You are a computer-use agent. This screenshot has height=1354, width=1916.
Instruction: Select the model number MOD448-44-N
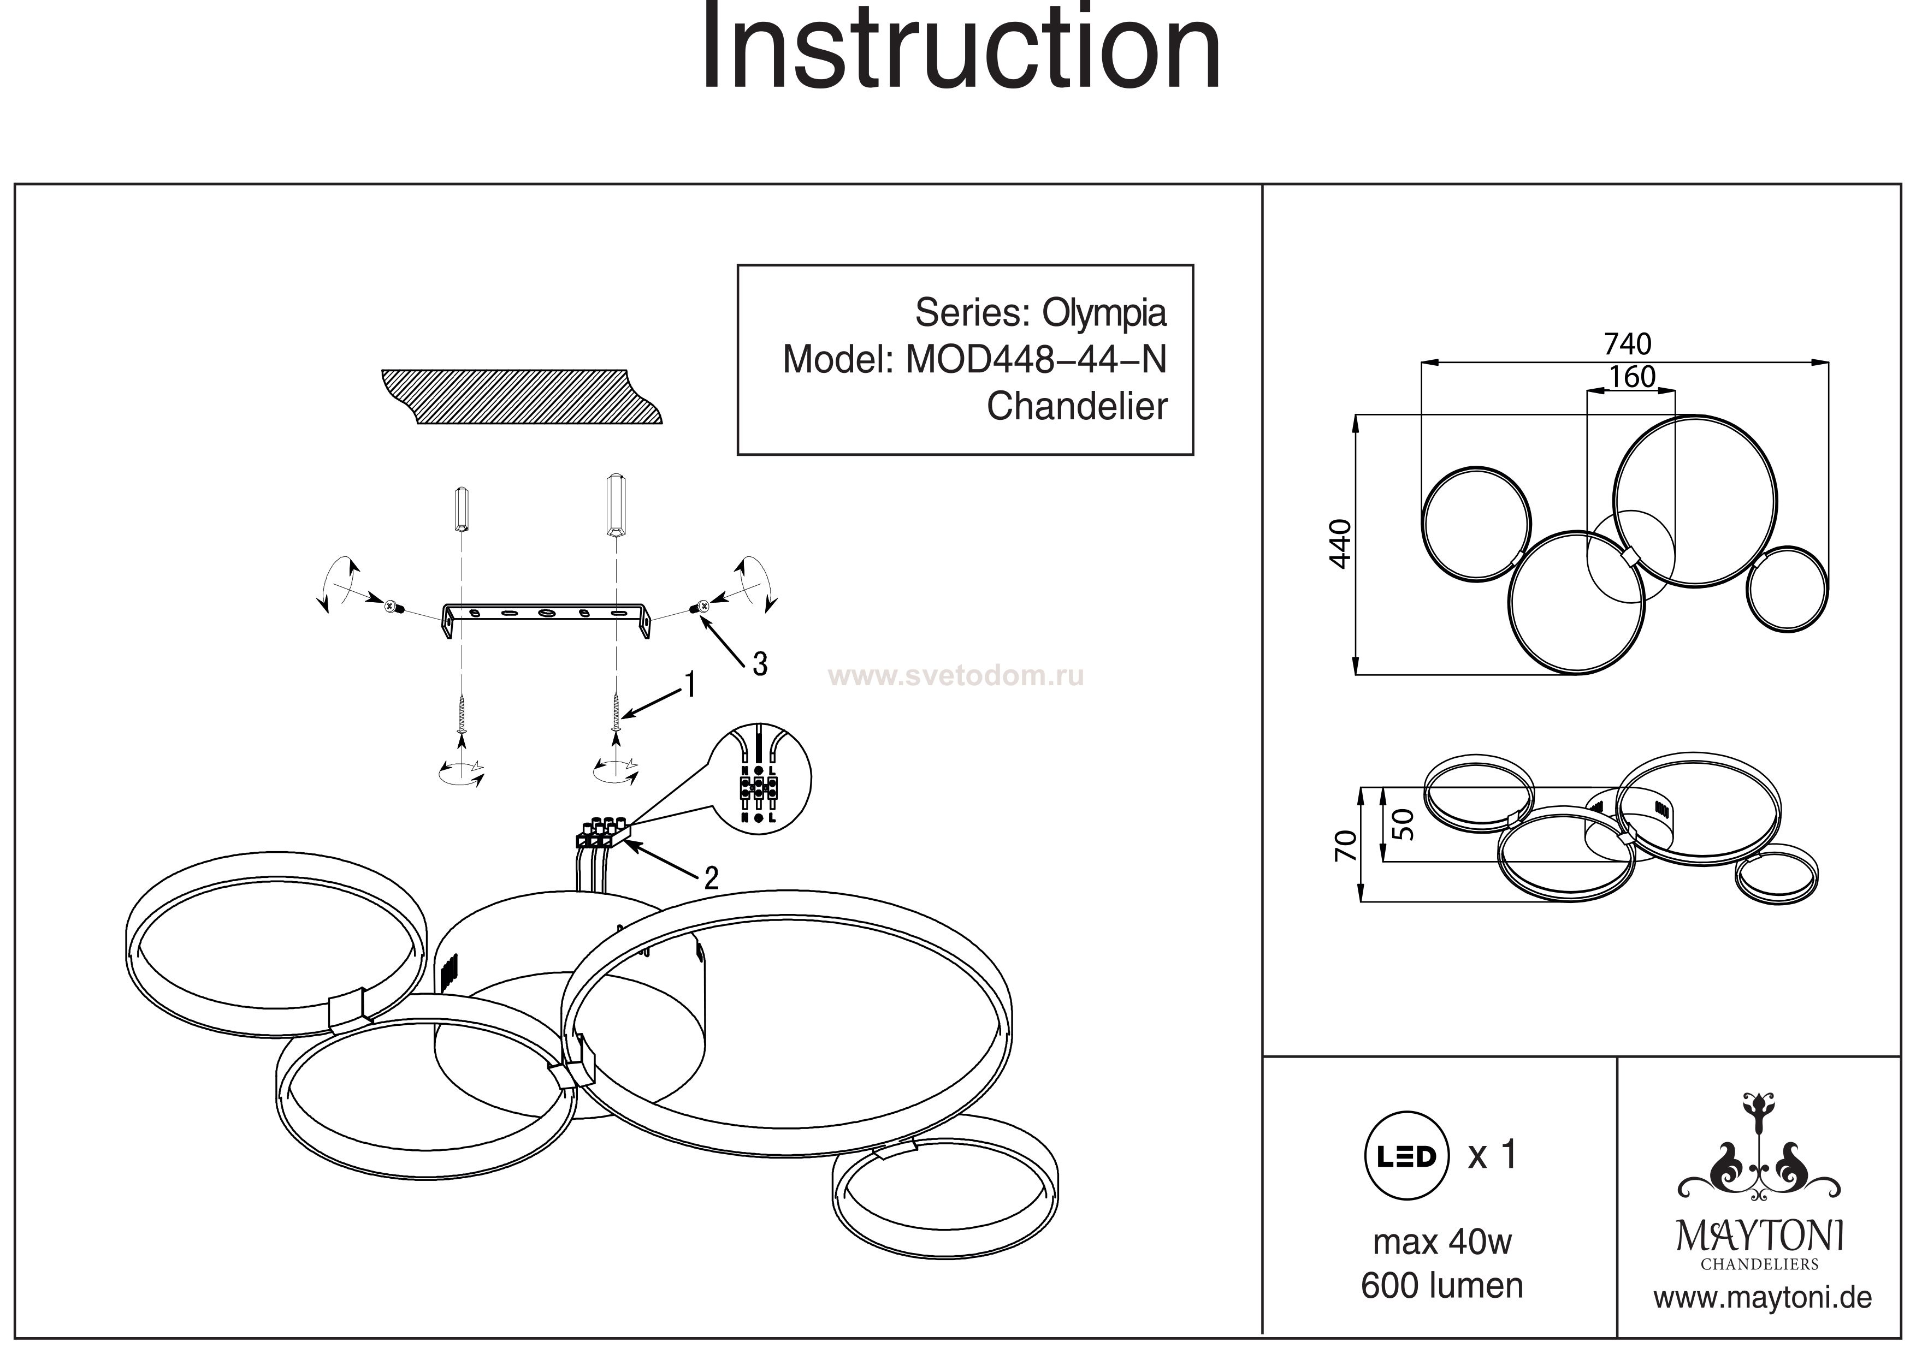click(x=1036, y=360)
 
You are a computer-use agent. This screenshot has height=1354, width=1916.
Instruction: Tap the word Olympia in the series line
click(x=1103, y=313)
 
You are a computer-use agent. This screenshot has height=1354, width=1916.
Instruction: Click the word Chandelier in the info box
click(x=1077, y=407)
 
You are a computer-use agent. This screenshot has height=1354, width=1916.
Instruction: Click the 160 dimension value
click(x=1631, y=378)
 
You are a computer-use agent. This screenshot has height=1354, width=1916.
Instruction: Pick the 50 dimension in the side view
click(x=1404, y=824)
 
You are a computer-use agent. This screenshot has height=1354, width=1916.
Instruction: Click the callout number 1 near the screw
click(x=689, y=685)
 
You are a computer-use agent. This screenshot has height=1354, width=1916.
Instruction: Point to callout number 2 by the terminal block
click(x=711, y=877)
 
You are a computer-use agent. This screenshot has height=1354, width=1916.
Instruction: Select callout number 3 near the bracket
click(x=759, y=664)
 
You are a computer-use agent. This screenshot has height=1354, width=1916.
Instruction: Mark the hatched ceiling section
click(x=517, y=396)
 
